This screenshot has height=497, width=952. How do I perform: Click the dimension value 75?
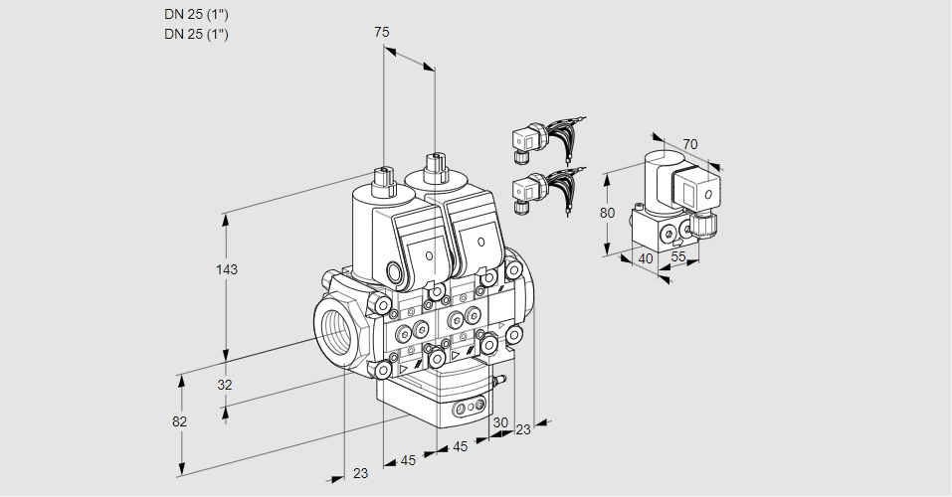click(382, 33)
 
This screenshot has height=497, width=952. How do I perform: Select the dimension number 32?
click(225, 386)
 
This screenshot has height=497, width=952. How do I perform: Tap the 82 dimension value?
click(179, 421)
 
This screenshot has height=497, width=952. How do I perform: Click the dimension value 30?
click(499, 421)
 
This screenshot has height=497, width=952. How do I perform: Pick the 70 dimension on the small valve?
click(690, 144)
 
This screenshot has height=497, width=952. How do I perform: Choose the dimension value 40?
click(645, 258)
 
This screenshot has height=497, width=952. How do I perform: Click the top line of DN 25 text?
click(196, 15)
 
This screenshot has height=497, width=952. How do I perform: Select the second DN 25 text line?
click(196, 35)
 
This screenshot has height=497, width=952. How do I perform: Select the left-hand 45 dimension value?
click(408, 460)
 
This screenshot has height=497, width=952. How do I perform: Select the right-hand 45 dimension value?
click(460, 447)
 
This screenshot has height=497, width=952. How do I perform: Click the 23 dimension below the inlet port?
click(360, 473)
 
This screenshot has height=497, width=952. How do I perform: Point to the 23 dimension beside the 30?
click(523, 429)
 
